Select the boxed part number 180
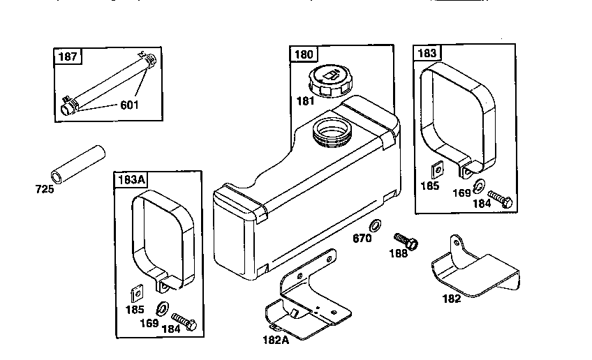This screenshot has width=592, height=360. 304,54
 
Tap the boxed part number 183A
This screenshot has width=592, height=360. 131,179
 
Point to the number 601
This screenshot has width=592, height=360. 129,105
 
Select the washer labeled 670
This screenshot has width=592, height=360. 375,225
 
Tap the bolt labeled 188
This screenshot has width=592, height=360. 406,241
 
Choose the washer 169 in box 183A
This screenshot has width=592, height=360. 163,308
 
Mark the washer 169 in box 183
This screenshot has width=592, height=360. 480,186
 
